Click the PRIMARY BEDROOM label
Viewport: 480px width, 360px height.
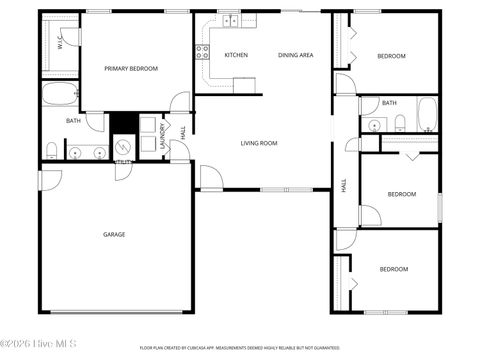(133, 68)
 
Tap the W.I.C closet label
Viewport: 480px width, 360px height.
(60, 43)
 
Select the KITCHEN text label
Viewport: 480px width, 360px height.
(236, 55)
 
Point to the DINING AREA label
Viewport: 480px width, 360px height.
(295, 55)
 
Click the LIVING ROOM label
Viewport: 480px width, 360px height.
(259, 143)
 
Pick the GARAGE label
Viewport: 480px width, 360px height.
(114, 234)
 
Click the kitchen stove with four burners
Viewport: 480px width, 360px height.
(202, 51)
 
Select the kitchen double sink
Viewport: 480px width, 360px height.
(230, 19)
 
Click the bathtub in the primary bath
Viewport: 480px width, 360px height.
(60, 97)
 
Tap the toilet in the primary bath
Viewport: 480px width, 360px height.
(51, 151)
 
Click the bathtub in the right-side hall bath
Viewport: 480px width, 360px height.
(427, 114)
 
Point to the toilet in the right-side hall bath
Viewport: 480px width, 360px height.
(399, 123)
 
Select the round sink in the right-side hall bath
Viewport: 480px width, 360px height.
(373, 125)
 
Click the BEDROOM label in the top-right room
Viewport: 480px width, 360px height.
(391, 56)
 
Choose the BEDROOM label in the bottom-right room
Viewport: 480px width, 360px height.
(394, 269)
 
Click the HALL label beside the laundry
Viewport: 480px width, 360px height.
(182, 132)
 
